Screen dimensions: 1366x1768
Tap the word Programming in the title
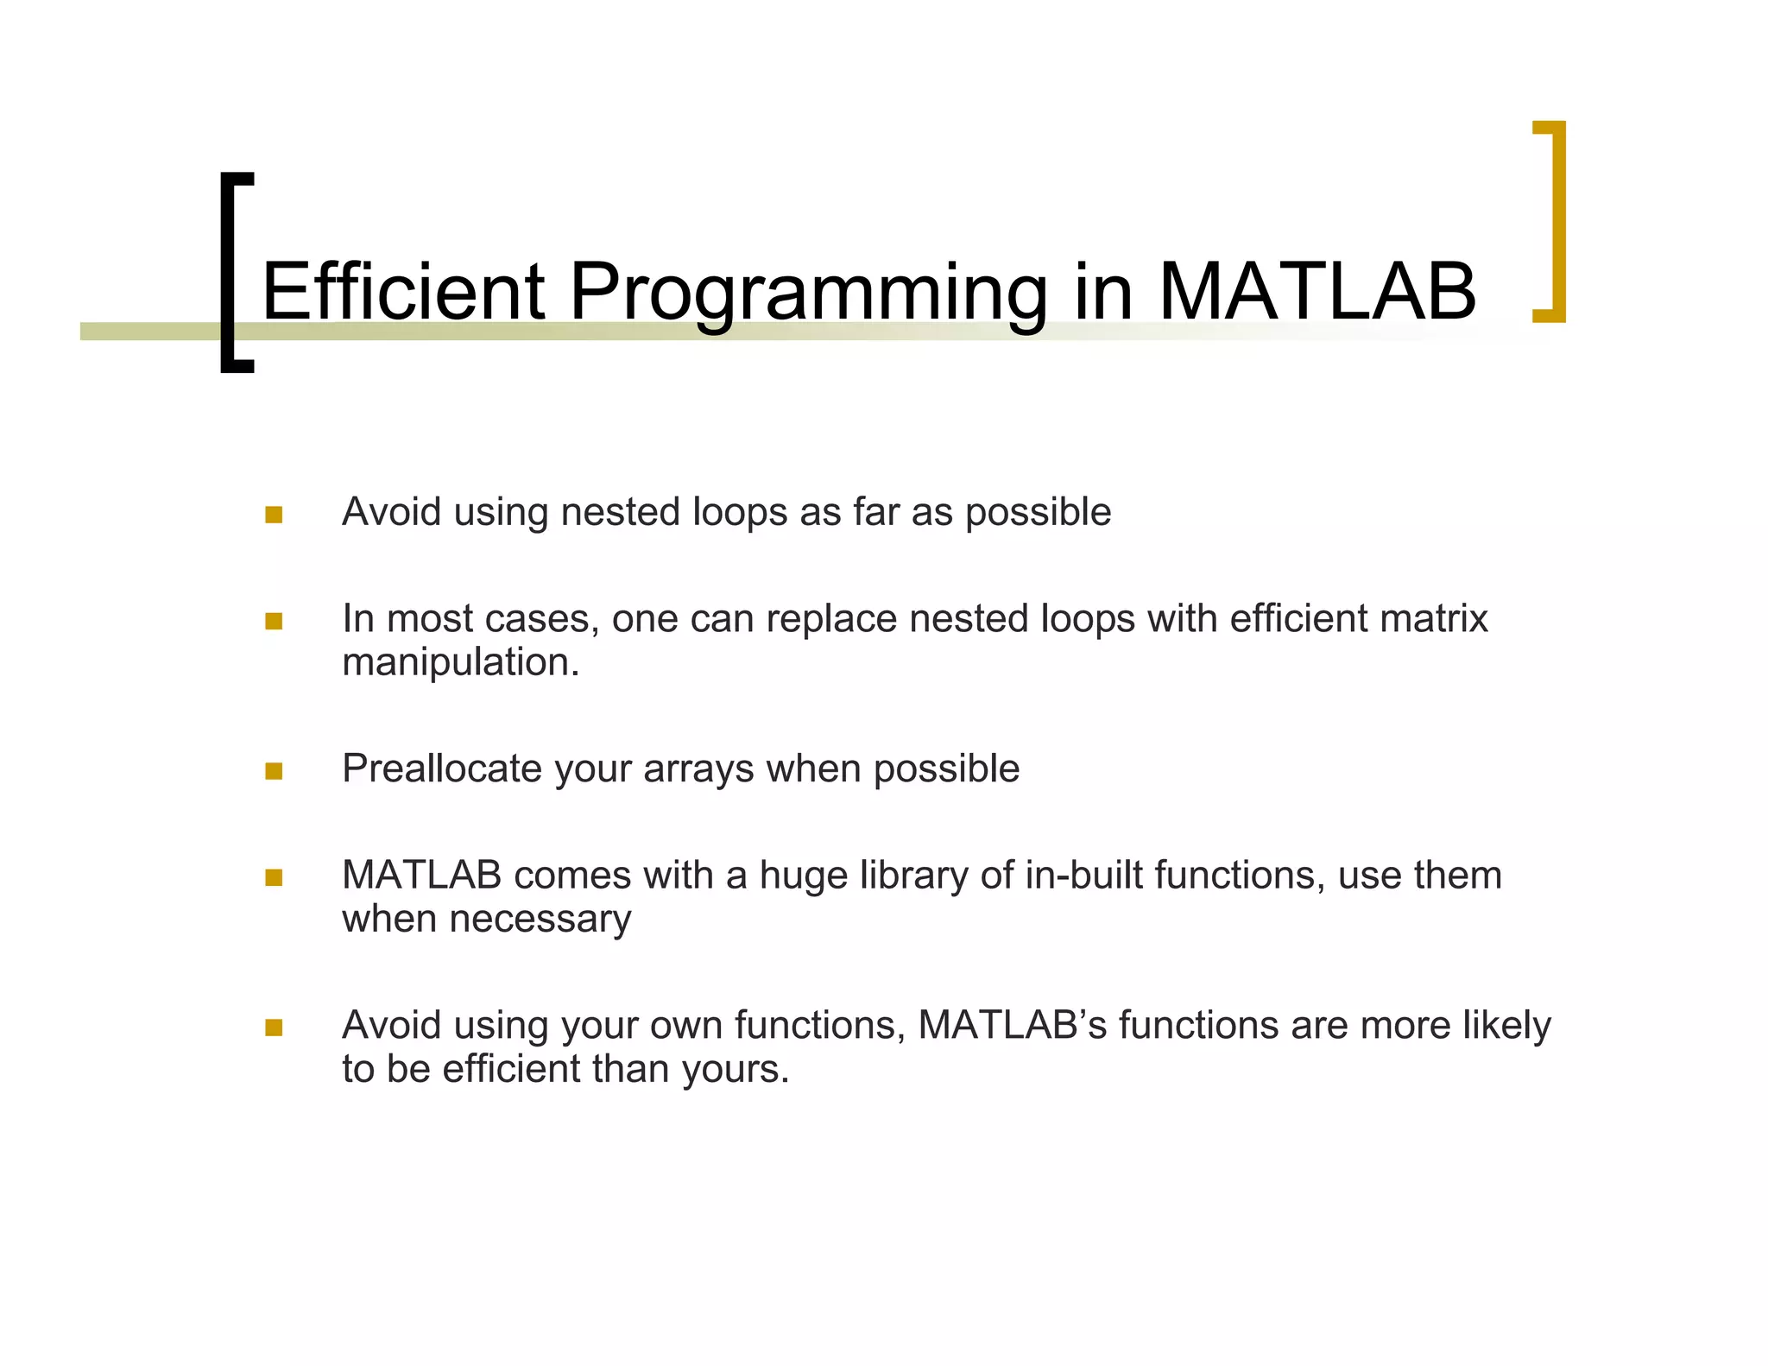tap(807, 294)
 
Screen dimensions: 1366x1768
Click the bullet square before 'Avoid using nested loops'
tap(274, 515)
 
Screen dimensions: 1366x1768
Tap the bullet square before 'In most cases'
tap(274, 621)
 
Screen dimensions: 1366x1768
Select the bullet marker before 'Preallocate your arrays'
tap(274, 771)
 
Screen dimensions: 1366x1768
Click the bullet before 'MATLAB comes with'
tap(274, 878)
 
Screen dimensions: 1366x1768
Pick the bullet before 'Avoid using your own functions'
tap(274, 1028)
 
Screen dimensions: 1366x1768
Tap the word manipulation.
tap(460, 663)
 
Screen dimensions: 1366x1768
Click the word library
tap(913, 876)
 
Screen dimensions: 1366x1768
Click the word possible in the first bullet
tap(1038, 513)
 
